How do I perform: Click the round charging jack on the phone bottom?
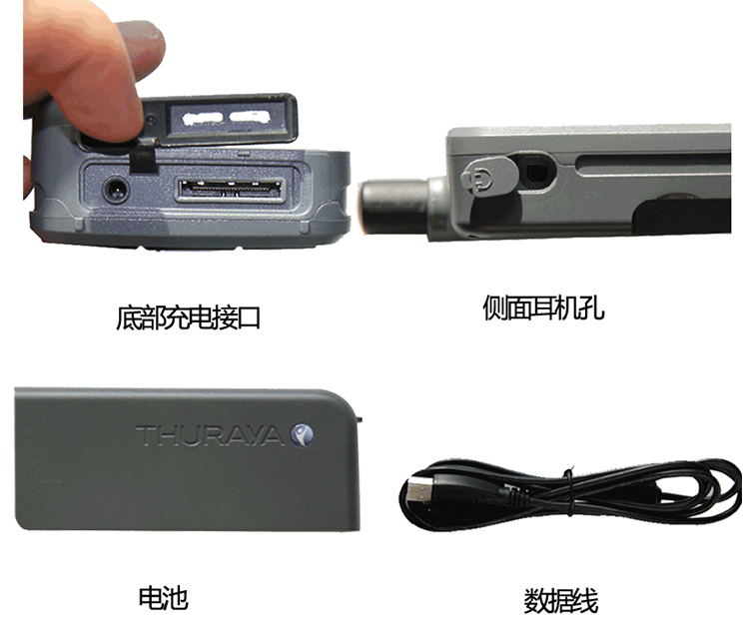pos(116,190)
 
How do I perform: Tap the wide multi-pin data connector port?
pos(232,189)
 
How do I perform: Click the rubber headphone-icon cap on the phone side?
pos(488,177)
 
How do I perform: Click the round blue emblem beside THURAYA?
pos(302,434)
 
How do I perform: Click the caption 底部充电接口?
pos(188,318)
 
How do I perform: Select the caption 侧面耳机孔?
pos(543,308)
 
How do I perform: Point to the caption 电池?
pos(164,597)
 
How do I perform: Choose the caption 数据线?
pos(561,601)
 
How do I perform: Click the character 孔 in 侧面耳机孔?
pos(592,308)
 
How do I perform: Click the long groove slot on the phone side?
pos(653,164)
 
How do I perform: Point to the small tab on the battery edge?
pos(360,419)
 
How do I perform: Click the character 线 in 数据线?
pos(585,601)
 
